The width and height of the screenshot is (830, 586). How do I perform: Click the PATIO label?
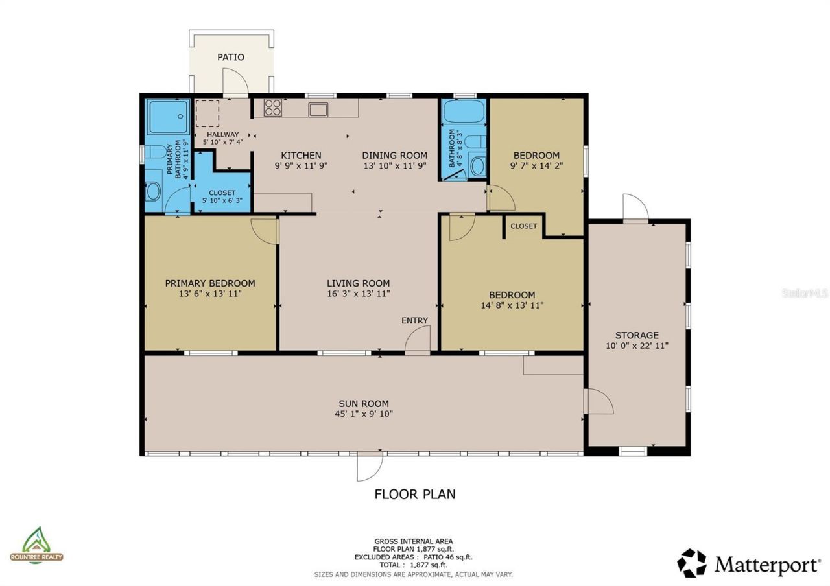tap(230, 57)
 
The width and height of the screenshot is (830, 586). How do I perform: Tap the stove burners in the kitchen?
tap(273, 108)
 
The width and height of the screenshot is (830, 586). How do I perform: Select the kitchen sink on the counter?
tap(318, 110)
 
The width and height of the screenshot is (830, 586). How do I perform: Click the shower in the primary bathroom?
tap(168, 116)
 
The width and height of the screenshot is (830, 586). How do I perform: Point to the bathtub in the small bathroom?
tap(464, 111)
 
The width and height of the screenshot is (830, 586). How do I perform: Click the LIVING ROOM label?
tap(359, 283)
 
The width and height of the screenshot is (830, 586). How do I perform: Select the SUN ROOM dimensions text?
tap(364, 414)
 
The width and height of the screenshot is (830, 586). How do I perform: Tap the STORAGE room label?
tap(637, 335)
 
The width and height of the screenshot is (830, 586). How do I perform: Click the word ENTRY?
tap(414, 320)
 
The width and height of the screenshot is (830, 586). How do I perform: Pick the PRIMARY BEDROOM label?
tap(210, 283)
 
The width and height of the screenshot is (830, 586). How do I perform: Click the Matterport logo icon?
tap(692, 563)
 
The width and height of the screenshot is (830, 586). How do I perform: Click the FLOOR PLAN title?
tap(415, 494)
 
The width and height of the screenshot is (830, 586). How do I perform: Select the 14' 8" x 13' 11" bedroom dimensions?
tap(512, 305)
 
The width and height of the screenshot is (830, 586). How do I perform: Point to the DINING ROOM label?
tap(395, 155)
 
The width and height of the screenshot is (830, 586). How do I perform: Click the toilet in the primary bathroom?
tap(155, 152)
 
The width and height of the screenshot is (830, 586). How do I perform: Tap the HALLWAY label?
tap(222, 134)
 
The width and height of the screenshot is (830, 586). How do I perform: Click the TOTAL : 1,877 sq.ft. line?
tap(414, 565)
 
